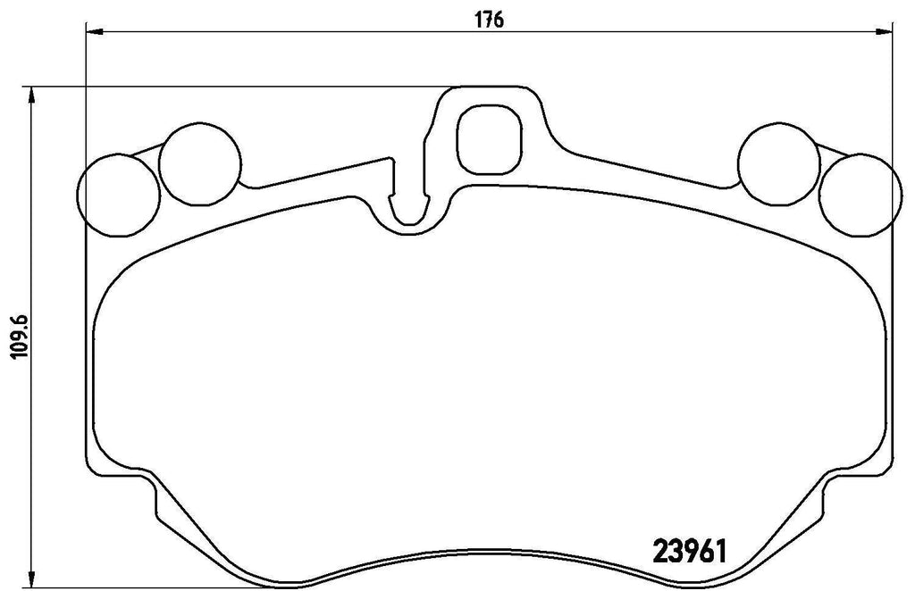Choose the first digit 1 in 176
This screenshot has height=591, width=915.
(478, 19)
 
